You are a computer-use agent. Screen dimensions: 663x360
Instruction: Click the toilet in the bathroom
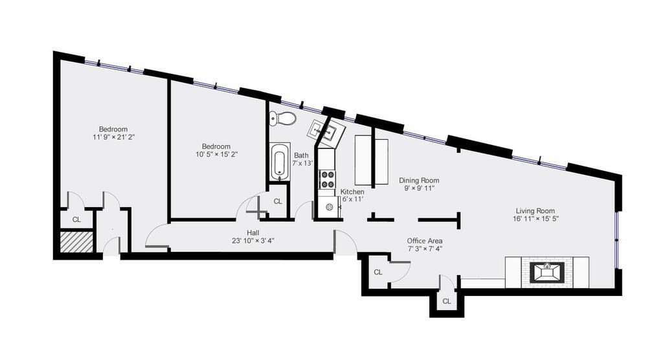283,118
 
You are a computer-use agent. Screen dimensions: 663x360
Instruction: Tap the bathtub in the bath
280,162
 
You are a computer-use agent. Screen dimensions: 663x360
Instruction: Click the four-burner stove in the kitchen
327,178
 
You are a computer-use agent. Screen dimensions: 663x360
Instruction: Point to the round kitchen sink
330,207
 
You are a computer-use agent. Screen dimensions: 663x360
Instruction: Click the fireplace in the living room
546,271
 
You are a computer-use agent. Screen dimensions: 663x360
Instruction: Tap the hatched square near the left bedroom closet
77,242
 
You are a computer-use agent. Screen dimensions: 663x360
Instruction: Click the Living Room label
535,210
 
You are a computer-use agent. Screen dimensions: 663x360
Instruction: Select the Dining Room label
419,181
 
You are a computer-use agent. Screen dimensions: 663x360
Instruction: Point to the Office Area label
425,241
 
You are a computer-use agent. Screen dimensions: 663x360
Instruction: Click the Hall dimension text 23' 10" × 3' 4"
253,241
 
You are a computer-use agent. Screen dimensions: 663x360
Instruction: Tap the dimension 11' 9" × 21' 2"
113,137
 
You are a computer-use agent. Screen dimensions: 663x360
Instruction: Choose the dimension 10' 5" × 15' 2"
216,154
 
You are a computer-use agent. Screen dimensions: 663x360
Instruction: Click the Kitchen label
352,192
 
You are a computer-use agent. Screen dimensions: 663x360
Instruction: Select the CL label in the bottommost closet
447,301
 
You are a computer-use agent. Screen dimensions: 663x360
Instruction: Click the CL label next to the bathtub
278,201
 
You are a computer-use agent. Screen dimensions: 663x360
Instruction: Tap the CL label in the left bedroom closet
76,219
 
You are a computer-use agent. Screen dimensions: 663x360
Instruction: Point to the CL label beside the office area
378,272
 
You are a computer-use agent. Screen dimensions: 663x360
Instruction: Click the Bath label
302,155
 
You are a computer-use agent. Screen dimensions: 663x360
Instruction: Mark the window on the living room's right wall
617,240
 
